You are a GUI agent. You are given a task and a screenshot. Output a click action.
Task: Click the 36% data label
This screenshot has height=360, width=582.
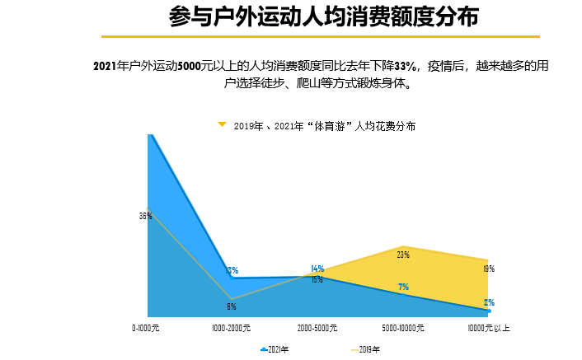coord(145,216)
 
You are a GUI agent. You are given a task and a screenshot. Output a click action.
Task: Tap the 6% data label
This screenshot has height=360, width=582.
coord(232,306)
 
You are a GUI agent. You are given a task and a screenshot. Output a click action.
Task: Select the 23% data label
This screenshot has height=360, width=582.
coord(403,255)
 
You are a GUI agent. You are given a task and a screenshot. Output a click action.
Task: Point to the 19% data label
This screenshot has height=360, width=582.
coord(488,269)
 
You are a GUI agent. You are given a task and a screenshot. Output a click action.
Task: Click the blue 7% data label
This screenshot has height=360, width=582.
coord(403,287)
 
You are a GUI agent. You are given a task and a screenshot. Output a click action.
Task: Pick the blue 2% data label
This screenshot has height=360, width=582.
coord(489,302)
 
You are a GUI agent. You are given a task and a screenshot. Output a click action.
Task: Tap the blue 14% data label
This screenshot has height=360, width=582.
coord(317,269)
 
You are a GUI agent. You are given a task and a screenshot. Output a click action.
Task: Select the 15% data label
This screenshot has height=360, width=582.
coord(317,280)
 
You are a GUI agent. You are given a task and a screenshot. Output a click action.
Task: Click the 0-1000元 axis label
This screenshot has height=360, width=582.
coord(147,328)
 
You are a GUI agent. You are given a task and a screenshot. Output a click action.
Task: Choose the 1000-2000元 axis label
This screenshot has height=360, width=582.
coord(232,328)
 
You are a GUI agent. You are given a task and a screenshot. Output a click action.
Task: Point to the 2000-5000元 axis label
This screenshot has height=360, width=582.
coord(317,328)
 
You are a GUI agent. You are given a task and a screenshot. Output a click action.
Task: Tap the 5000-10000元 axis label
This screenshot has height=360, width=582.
coord(403,328)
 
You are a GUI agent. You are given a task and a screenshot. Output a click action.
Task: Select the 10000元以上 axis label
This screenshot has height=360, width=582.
coord(489,328)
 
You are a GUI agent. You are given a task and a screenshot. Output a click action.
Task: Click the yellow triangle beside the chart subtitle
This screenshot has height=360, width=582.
coord(222,124)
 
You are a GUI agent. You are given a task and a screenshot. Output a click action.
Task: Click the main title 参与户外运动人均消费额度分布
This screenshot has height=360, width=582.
coord(322,17)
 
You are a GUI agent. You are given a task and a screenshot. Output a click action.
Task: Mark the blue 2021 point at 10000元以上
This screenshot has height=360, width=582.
coord(489,311)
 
